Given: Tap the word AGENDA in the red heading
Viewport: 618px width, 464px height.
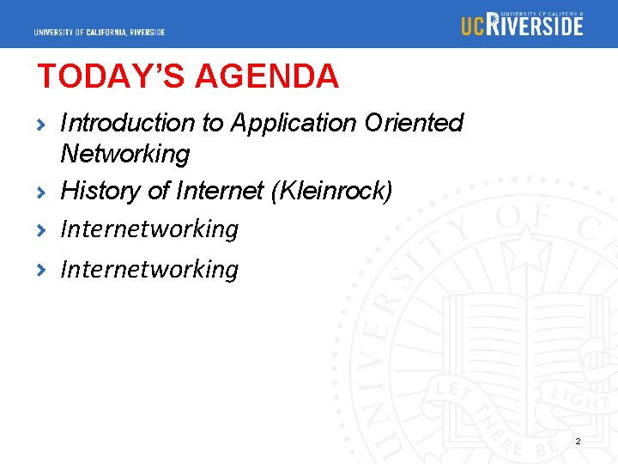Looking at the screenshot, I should point(267,76).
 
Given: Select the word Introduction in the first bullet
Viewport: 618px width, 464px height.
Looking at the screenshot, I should point(128,123).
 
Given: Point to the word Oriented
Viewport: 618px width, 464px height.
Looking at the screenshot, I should point(414,123).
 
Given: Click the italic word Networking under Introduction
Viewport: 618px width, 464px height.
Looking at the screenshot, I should point(124,155).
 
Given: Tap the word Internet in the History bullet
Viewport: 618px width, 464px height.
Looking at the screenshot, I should point(219,191).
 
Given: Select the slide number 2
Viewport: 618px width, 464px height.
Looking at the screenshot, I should point(578,441).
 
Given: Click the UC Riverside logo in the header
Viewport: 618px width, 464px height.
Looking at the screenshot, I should point(522,24).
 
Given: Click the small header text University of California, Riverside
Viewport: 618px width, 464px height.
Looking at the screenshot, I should point(100,33).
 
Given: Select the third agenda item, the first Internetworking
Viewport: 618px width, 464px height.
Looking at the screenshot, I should point(149,229).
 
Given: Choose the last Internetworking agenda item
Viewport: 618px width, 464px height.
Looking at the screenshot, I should point(149,270).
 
